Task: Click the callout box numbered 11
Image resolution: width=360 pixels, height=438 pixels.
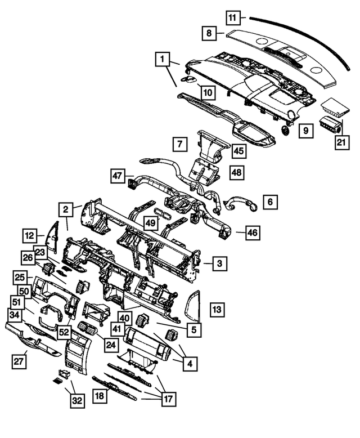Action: click(x=232, y=17)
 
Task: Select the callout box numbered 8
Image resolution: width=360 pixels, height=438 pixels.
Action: click(x=209, y=33)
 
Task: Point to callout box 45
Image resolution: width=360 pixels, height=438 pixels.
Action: click(x=238, y=151)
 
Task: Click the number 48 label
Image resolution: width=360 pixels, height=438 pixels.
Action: click(x=236, y=172)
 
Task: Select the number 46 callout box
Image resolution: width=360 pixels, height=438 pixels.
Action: click(x=253, y=231)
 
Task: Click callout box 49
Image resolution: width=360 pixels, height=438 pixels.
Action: click(x=150, y=223)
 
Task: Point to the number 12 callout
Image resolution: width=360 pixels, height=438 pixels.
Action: click(x=30, y=235)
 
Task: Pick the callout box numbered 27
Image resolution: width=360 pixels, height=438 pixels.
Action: click(x=19, y=361)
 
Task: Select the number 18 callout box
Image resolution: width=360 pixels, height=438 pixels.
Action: click(x=100, y=396)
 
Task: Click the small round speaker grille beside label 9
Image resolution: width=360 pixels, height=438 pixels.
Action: click(x=286, y=130)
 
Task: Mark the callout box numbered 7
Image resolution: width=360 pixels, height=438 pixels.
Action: click(x=179, y=144)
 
